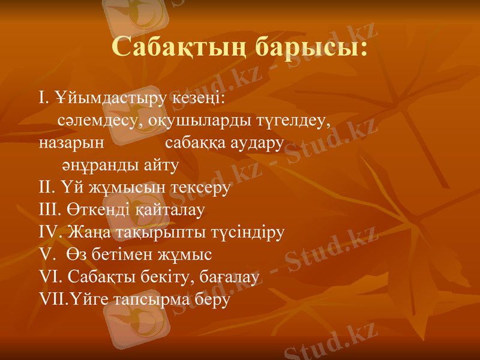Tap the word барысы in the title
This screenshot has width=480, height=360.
311,47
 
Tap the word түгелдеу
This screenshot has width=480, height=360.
294,120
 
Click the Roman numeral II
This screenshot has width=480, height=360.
47,187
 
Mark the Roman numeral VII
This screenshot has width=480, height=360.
53,299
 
